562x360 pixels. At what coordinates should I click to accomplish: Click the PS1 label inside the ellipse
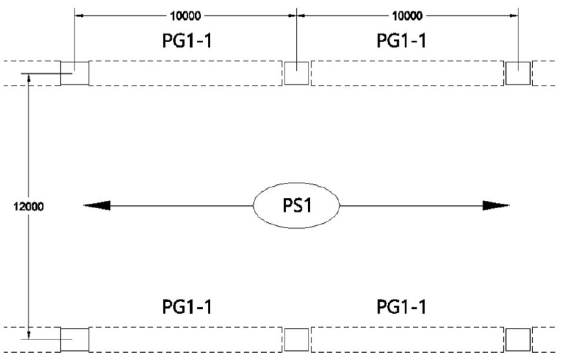[297, 206]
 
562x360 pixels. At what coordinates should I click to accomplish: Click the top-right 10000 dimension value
[407, 14]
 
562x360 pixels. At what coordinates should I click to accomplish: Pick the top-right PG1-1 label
[401, 41]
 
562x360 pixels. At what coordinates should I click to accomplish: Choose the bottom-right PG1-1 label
[401, 307]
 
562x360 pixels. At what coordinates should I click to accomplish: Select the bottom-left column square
[75, 339]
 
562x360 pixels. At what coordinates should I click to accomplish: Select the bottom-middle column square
[296, 339]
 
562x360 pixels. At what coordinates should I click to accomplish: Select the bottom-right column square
[517, 339]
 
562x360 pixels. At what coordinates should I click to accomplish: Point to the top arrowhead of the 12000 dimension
[28, 78]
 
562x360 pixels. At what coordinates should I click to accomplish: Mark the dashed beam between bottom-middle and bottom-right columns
[407, 339]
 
